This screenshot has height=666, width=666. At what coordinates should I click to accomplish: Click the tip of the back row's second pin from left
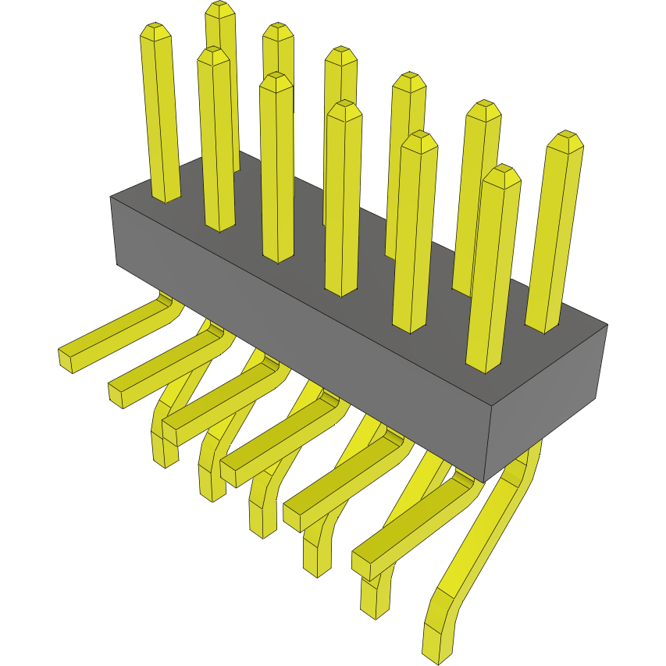click(278, 33)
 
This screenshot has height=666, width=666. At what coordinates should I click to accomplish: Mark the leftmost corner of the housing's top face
click(111, 197)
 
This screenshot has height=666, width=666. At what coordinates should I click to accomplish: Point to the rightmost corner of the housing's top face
click(607, 326)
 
